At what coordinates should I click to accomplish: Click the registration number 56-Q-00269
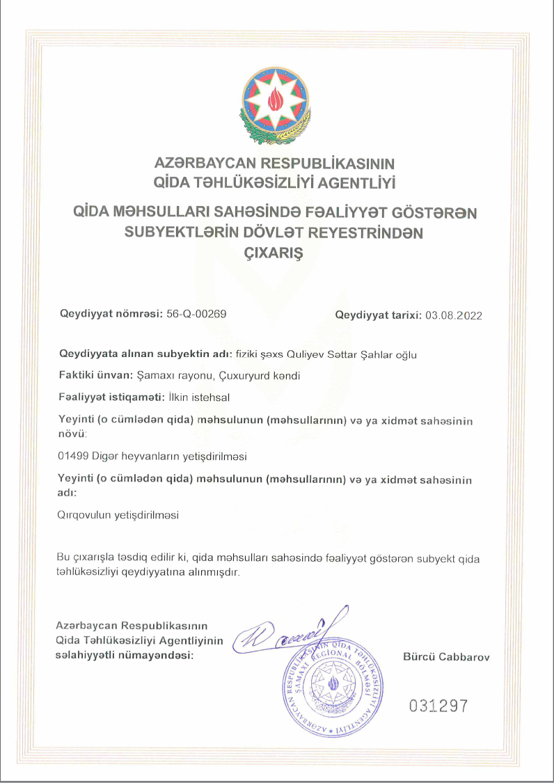pyautogui.click(x=197, y=314)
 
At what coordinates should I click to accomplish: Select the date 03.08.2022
pyautogui.click(x=454, y=315)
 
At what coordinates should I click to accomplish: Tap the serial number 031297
pyautogui.click(x=438, y=706)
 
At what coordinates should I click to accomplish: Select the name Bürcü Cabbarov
pyautogui.click(x=446, y=656)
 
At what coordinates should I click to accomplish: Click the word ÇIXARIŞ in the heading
pyautogui.click(x=276, y=253)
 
